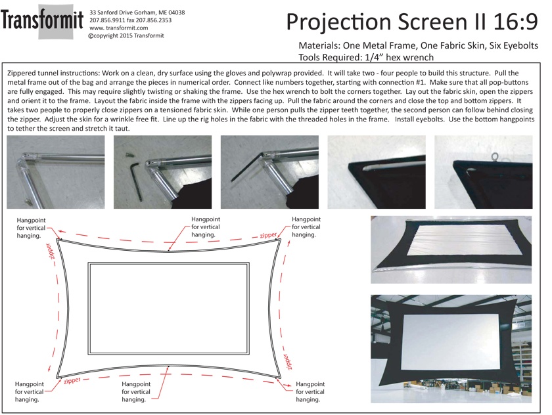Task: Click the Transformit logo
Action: pyautogui.click(x=42, y=21)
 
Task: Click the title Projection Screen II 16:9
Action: pyautogui.click(x=412, y=22)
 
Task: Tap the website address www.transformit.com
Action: pyautogui.click(x=119, y=28)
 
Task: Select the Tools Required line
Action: pyautogui.click(x=366, y=57)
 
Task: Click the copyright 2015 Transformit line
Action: pyautogui.click(x=126, y=35)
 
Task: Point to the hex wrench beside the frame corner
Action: pyautogui.click(x=136, y=181)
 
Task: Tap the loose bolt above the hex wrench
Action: pyautogui.click(x=128, y=154)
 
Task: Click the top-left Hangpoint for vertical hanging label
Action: pyautogui.click(x=32, y=228)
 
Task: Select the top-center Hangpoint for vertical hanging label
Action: pyautogui.click(x=206, y=227)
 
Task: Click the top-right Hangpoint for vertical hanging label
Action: pyautogui.click(x=306, y=227)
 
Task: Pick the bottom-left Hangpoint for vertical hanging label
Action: pyautogui.click(x=29, y=392)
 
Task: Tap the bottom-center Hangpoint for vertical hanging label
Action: pyautogui.click(x=136, y=392)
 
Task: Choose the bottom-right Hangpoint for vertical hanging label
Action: pyautogui.click(x=310, y=392)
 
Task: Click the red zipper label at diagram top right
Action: pyautogui.click(x=268, y=235)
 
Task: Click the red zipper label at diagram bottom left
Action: pyautogui.click(x=72, y=381)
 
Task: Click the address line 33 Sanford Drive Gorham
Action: pyautogui.click(x=137, y=12)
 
